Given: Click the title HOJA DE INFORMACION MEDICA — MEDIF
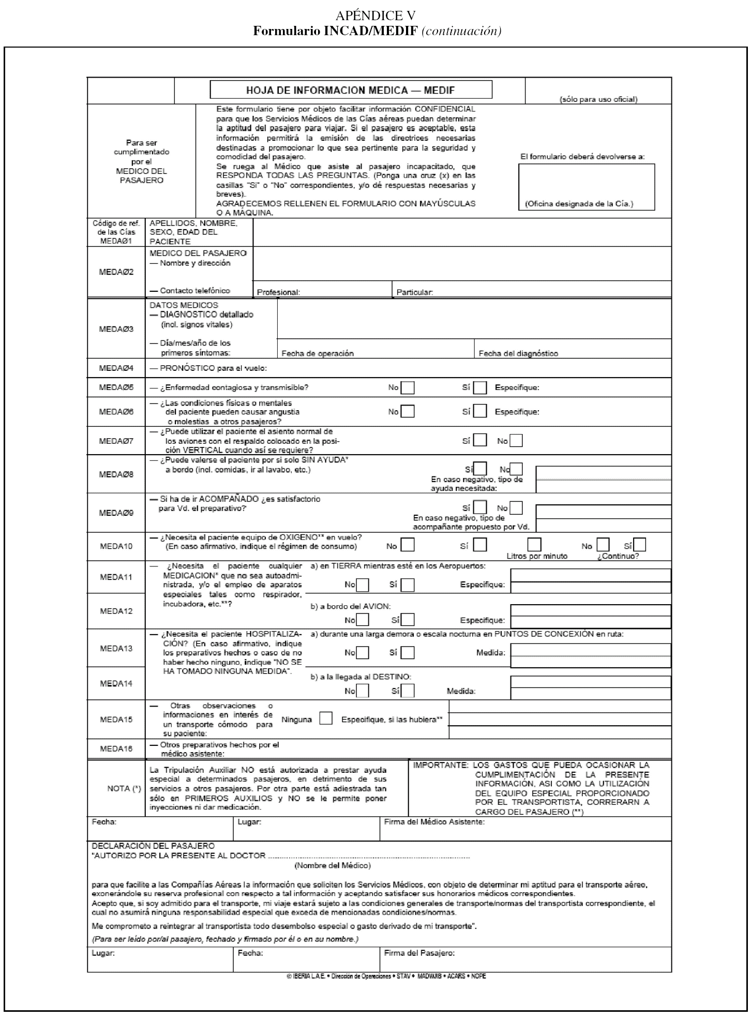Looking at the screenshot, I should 350,91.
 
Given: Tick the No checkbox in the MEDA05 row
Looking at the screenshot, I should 408,387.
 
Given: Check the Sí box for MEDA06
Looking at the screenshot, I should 480,412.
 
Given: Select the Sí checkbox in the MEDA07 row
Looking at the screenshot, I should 480,441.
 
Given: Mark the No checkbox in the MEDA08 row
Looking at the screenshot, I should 516,469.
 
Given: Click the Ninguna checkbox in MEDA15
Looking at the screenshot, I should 326,719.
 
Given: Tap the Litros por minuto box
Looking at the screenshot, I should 534,545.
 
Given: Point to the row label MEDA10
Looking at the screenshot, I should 116,546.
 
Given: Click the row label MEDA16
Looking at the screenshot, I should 116,748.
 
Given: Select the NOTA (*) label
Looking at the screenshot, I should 124,788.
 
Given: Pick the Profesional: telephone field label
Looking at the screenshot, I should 278,292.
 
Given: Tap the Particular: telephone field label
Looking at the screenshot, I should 414,292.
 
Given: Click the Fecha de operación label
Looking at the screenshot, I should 318,353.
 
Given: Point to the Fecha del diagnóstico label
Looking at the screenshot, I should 518,353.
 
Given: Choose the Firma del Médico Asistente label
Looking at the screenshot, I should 434,822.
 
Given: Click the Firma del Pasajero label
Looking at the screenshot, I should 419,953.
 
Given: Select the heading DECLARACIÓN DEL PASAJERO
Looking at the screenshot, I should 153,846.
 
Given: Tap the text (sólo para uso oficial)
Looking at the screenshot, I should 598,99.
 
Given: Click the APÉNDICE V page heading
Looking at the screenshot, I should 375,15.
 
